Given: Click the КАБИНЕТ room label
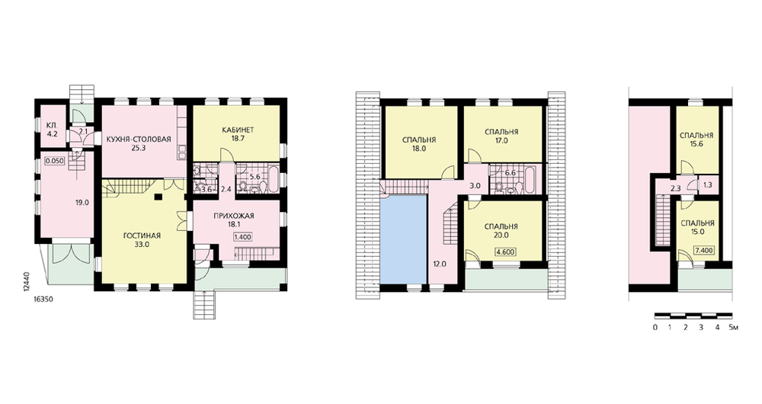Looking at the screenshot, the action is [x=238, y=130].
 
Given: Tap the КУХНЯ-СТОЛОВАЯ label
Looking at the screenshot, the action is [x=139, y=139].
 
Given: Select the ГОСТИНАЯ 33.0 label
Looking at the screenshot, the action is [x=142, y=240].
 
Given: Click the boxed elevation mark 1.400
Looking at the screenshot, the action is [x=242, y=238].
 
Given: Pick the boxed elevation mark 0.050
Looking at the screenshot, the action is [x=54, y=160].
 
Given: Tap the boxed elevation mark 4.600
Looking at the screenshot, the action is [x=505, y=252].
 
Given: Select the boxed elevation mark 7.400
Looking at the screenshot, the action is [x=703, y=250].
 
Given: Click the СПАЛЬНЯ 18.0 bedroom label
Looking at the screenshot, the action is [x=419, y=144].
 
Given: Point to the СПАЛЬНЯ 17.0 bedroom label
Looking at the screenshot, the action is [x=501, y=136].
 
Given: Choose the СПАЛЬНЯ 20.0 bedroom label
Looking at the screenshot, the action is [x=501, y=230].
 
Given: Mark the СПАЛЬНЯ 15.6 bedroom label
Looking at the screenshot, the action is [x=696, y=140].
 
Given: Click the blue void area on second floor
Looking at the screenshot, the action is [x=403, y=239].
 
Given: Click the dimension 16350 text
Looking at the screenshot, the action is [x=43, y=300].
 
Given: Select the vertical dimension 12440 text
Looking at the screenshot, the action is [x=25, y=282].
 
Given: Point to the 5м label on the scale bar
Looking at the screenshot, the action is [x=734, y=327].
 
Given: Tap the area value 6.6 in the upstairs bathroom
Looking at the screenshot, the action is [x=511, y=172].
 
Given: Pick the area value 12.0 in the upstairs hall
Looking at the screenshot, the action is [x=440, y=264].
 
